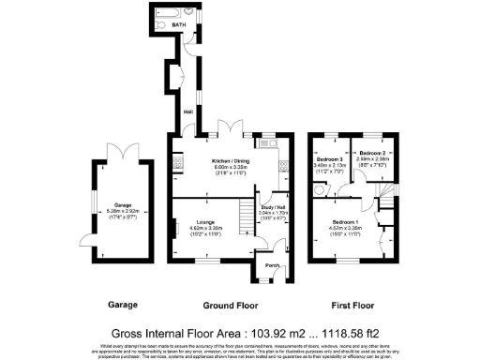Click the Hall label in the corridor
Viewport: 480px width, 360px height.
point(187,112)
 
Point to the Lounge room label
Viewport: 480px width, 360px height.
point(202,222)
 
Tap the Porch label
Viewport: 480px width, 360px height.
point(273,264)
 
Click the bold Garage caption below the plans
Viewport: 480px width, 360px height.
point(122,306)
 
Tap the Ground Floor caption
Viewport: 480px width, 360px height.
point(231,306)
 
